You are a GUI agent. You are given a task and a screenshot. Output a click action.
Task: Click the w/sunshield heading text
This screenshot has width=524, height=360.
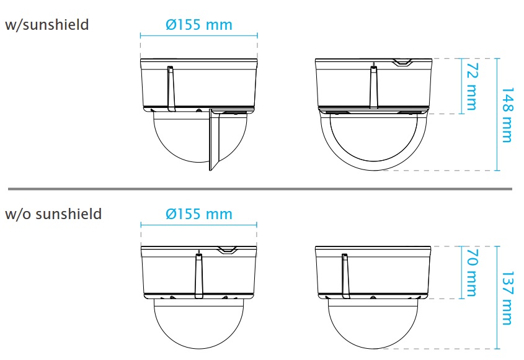[x=47, y=25]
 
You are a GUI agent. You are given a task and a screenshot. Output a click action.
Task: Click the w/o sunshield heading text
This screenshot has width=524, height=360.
[x=53, y=214]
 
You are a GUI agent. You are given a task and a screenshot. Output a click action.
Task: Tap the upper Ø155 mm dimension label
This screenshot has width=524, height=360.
[x=199, y=25]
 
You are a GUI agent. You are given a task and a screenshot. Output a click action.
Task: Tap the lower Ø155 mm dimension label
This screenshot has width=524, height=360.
[x=199, y=214]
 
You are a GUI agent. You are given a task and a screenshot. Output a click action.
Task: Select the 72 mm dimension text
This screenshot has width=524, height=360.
[x=471, y=86]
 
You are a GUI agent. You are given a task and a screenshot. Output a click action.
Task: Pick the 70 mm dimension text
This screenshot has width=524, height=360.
[x=471, y=272]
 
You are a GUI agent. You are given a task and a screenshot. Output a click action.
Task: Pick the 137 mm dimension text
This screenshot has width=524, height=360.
[x=507, y=299]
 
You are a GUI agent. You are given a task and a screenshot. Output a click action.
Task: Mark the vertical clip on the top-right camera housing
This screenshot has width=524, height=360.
[x=373, y=87]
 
